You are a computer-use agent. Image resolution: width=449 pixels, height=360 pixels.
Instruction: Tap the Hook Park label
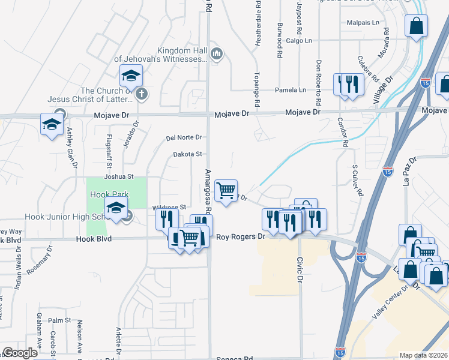106,195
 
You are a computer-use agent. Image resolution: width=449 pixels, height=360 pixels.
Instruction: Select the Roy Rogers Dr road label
240,237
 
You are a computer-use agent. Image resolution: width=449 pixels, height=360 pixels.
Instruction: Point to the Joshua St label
118,177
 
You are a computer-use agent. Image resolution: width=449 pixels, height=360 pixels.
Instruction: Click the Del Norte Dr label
184,138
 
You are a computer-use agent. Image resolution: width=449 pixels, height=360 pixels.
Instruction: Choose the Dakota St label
187,154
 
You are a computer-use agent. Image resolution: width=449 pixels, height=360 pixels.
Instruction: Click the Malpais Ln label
363,23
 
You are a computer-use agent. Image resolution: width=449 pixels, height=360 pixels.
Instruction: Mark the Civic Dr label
298,270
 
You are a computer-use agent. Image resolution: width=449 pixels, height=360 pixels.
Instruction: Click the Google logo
20,353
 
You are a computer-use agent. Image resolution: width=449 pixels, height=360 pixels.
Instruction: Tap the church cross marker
141,93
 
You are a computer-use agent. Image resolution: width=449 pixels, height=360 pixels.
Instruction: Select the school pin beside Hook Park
116,208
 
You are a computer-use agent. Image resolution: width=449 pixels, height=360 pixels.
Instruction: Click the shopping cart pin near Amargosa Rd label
226,191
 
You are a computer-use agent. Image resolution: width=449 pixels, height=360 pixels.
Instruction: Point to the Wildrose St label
174,207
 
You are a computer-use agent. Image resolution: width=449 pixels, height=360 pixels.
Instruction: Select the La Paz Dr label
409,171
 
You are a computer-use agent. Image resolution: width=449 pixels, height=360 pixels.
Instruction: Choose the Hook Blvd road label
91,239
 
